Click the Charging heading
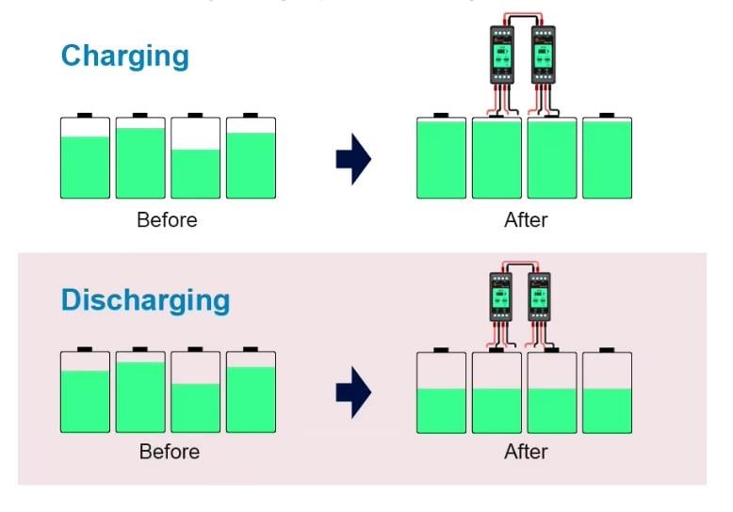click(x=124, y=56)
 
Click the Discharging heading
click(x=145, y=300)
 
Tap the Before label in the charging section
click(x=167, y=220)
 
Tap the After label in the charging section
click(x=526, y=220)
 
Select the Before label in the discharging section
click(x=169, y=452)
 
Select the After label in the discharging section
click(x=526, y=452)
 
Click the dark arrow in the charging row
click(x=353, y=159)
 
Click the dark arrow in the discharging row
click(x=353, y=391)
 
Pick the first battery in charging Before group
click(x=85, y=157)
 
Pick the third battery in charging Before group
click(x=196, y=157)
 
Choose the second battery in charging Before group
click(x=140, y=157)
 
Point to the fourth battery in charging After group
click(x=607, y=157)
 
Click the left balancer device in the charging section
click(x=498, y=62)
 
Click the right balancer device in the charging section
click(x=543, y=62)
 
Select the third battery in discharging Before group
click(x=196, y=391)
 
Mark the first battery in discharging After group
click(x=441, y=392)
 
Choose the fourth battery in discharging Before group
click(x=252, y=391)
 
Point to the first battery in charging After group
click(x=441, y=157)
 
